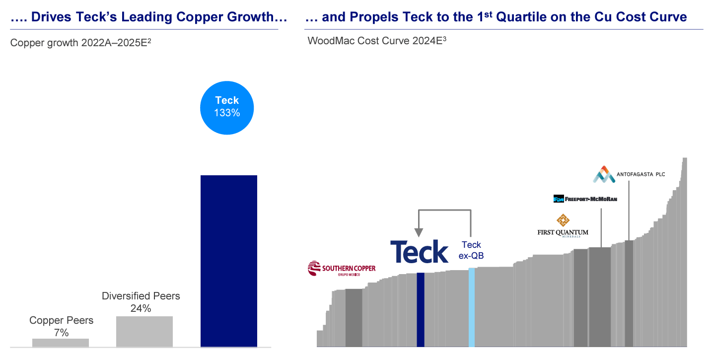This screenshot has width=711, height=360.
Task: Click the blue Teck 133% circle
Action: tap(227, 108)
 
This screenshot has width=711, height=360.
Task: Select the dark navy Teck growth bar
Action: tap(228, 261)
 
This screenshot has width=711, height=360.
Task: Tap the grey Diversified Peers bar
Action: tap(144, 331)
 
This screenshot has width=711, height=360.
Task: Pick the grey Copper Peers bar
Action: tap(61, 342)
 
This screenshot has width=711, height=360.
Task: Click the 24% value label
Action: tap(141, 308)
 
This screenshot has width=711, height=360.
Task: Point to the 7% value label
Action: tap(61, 333)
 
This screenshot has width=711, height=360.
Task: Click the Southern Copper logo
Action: tap(342, 269)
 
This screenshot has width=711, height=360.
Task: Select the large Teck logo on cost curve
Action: tap(419, 252)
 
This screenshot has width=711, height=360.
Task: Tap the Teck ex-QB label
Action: tap(471, 250)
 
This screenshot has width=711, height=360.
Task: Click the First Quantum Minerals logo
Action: tap(563, 226)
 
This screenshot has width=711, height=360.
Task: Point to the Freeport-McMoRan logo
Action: tap(585, 199)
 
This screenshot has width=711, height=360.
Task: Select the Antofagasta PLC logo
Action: tap(629, 174)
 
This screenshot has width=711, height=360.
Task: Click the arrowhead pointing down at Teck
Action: tap(419, 232)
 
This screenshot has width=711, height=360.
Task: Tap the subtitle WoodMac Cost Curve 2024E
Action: tap(377, 41)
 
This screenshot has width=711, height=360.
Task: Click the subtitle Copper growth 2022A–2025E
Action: tap(80, 43)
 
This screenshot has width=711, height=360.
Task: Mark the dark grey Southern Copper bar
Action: tap(354, 317)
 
